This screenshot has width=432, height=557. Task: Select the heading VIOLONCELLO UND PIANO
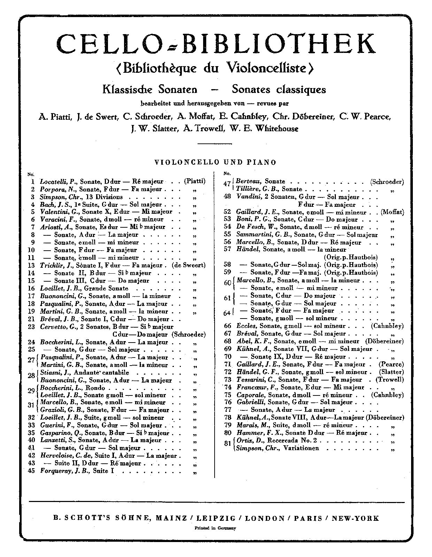[x=215, y=162]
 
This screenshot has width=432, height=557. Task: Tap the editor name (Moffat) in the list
[x=392, y=212]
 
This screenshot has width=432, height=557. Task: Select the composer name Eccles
[x=246, y=326]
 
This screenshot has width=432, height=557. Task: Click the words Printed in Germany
[x=215, y=528]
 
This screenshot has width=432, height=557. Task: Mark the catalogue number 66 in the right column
[x=227, y=326]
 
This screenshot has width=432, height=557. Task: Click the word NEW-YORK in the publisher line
[x=355, y=518]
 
